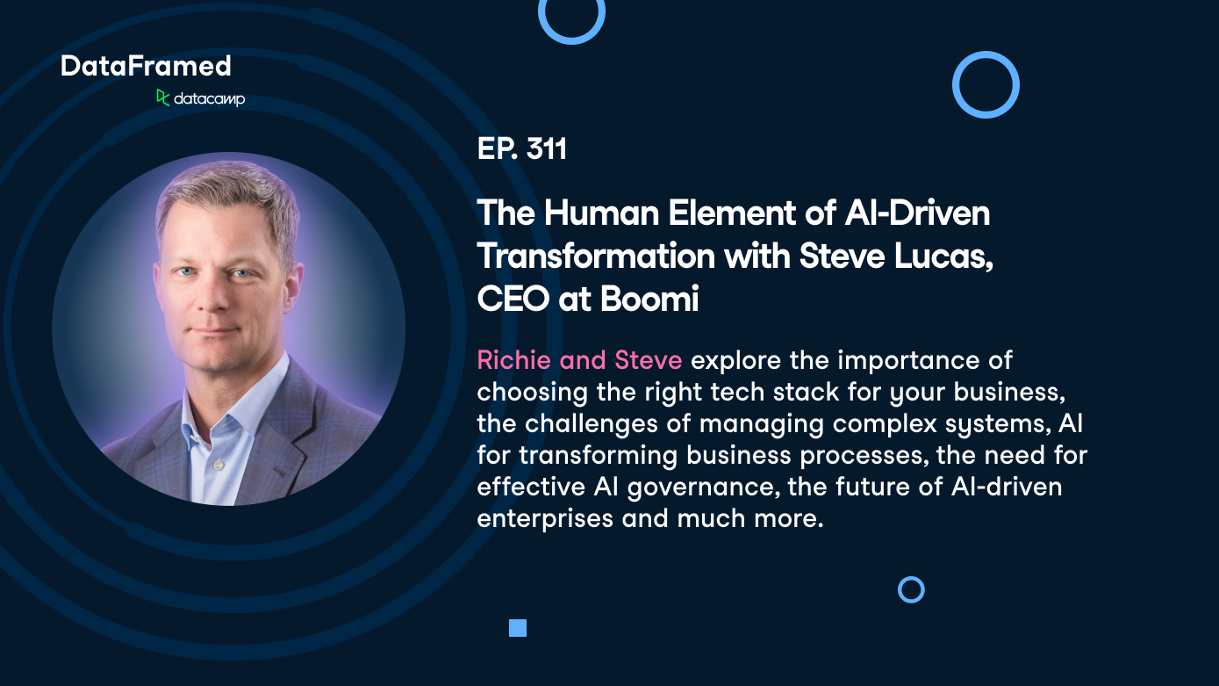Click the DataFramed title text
click(146, 66)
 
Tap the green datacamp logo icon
click(162, 97)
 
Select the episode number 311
click(546, 150)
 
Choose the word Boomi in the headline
click(649, 300)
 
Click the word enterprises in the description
click(545, 518)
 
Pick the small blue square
click(518, 627)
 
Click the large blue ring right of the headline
click(986, 85)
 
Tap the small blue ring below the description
click(911, 589)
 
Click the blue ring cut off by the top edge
click(571, 16)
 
